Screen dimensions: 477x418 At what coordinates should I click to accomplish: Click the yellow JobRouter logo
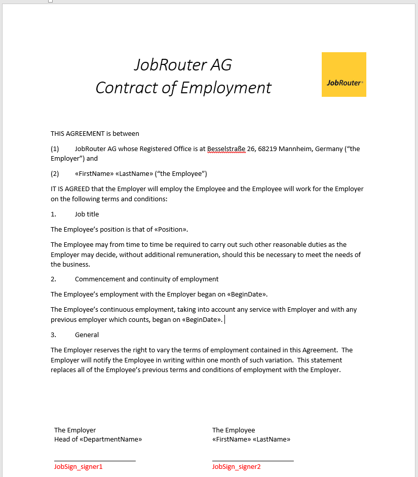tap(344, 75)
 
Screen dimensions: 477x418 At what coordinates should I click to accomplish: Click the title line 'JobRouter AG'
tap(183, 65)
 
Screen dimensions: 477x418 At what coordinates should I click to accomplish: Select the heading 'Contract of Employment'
tap(183, 88)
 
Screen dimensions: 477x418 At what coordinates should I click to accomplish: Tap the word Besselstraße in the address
tap(226, 149)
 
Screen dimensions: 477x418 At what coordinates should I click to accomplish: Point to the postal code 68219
tap(268, 149)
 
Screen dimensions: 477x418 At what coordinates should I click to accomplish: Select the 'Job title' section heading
tap(87, 214)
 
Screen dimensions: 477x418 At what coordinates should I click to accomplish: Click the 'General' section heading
tap(87, 335)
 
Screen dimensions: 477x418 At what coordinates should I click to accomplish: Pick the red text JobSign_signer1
tap(79, 466)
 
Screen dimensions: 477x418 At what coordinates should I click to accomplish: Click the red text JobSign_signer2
tap(237, 466)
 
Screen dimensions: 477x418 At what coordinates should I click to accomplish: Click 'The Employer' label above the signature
tap(75, 430)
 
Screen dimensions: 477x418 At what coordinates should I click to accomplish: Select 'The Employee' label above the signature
tap(234, 430)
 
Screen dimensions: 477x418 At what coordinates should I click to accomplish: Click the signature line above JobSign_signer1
tap(95, 460)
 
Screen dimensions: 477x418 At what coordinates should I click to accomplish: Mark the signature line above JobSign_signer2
tap(253, 460)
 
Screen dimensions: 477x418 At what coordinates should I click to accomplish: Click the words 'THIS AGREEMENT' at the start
tap(77, 134)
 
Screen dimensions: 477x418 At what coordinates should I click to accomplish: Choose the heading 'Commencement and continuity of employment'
tap(146, 279)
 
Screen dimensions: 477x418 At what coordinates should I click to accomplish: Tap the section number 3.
tap(53, 335)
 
